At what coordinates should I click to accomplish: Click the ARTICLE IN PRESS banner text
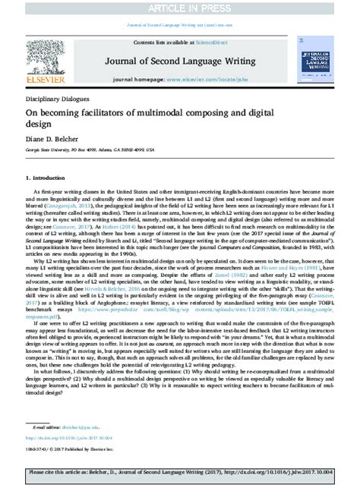(180, 8)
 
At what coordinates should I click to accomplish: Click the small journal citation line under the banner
(180, 23)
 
